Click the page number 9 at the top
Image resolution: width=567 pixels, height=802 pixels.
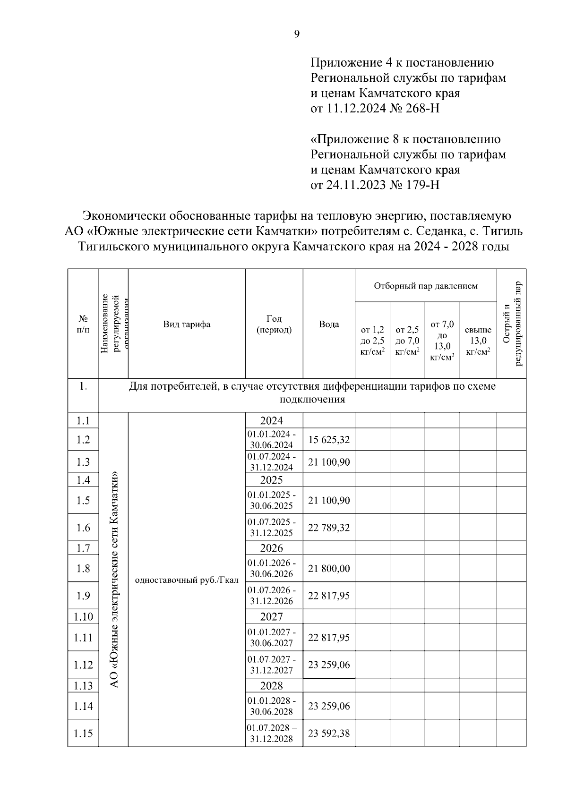click(x=297, y=34)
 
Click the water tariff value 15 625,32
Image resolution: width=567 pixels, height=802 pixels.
click(x=329, y=440)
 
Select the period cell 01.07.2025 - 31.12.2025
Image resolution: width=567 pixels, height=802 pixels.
click(x=272, y=528)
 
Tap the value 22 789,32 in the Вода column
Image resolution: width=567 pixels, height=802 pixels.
click(x=329, y=528)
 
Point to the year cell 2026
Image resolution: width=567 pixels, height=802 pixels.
click(x=272, y=548)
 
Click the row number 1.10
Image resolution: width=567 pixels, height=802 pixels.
click(x=83, y=616)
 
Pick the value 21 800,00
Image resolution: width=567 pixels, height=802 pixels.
click(x=329, y=569)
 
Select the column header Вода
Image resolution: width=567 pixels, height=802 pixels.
click(x=329, y=324)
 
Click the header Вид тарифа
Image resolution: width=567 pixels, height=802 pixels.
click(x=187, y=324)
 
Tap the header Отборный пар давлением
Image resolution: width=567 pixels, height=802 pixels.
click(x=426, y=286)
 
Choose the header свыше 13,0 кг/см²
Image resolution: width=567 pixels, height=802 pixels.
click(x=478, y=341)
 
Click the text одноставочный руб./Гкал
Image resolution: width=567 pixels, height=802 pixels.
click(x=187, y=580)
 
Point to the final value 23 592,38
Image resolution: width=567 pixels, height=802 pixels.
click(x=329, y=734)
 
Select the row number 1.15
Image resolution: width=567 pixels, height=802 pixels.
click(x=83, y=734)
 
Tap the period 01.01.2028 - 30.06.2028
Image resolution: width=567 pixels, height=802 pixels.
click(x=272, y=706)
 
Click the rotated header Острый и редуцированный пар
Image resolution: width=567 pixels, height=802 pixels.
click(x=512, y=324)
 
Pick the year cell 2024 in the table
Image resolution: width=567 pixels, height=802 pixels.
click(x=272, y=420)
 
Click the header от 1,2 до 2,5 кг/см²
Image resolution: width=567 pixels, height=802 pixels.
click(x=372, y=341)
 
